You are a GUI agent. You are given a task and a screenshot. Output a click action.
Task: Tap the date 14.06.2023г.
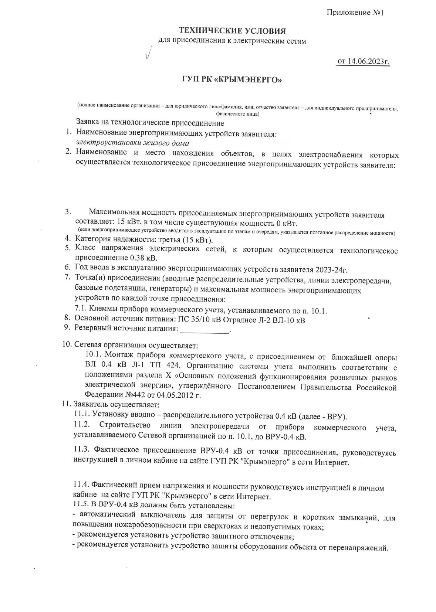click(368, 61)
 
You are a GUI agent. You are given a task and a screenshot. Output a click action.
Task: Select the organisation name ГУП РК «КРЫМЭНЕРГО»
click(232, 79)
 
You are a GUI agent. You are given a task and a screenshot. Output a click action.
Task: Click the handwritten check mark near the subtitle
click(149, 54)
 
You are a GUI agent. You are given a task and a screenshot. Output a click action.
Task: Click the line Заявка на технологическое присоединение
click(150, 123)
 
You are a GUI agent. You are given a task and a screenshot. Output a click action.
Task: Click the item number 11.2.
click(82, 427)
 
